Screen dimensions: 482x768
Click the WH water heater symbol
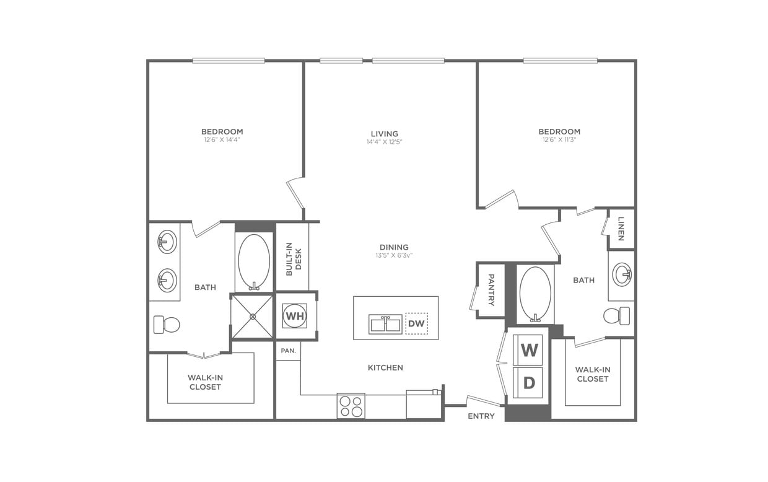click(x=295, y=316)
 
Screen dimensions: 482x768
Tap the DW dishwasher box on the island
click(x=416, y=323)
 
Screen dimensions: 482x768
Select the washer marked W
click(x=529, y=350)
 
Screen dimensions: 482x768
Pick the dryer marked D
click(x=529, y=383)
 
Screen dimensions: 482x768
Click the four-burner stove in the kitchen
click(x=351, y=406)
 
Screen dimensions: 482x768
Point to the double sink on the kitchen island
click(x=385, y=324)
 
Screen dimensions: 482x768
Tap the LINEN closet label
click(x=621, y=229)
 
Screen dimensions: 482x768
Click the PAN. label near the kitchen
click(x=288, y=351)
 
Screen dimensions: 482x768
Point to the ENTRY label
click(x=481, y=416)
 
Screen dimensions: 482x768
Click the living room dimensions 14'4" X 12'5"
click(x=385, y=142)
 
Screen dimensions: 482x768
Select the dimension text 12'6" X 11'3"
click(x=559, y=140)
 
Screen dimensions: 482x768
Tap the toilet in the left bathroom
click(x=167, y=324)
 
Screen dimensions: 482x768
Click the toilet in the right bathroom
click(x=617, y=315)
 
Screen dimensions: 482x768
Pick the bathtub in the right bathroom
click(x=535, y=294)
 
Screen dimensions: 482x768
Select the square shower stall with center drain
click(x=252, y=317)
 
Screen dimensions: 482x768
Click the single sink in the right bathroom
click(x=622, y=274)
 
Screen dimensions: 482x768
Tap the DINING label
click(x=394, y=247)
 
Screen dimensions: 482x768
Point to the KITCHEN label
click(x=385, y=368)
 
